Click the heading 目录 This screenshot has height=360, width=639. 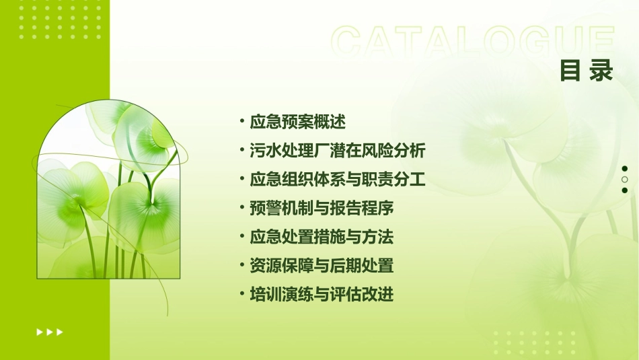[587, 71]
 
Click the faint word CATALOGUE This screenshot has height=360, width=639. [473, 42]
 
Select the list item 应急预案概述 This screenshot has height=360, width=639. [297, 122]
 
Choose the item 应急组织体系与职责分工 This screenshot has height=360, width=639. [338, 180]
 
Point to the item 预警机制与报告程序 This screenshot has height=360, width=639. [322, 209]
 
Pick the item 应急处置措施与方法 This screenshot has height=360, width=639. [322, 237]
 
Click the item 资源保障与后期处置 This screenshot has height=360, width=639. [322, 266]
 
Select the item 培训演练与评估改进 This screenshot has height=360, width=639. [322, 295]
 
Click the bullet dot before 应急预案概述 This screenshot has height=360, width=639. [241, 122]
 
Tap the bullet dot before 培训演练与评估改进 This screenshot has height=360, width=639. [241, 295]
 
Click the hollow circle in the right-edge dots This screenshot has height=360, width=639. [625, 180]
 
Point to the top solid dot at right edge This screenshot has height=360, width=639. [625, 169]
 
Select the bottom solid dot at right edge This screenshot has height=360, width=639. [625, 190]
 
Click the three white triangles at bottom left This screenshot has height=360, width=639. [50, 332]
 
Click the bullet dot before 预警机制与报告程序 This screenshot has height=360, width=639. [241, 209]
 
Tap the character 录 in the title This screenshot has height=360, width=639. [601, 71]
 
